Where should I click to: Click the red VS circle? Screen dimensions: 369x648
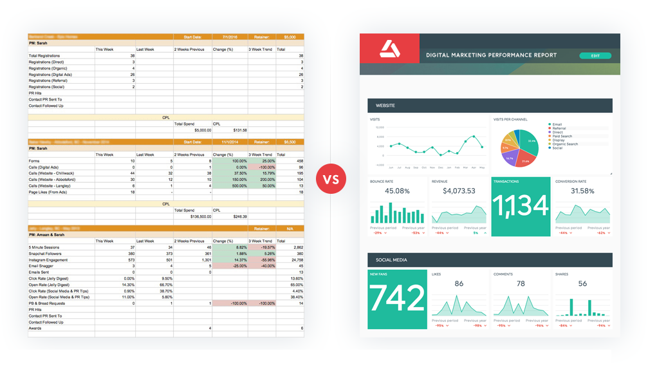pos(331,178)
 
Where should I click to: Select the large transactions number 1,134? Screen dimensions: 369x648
pos(521,206)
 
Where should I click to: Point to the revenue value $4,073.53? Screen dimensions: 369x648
pos(459,191)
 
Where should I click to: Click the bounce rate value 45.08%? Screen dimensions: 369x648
pos(397,191)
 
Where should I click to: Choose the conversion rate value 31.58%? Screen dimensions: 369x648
pos(582,191)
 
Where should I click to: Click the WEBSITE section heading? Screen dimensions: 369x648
pos(385,106)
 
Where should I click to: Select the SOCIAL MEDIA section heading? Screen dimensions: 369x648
pos(391,260)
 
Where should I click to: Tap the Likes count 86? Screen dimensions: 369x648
pos(459,283)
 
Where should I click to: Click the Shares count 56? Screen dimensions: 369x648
pos(582,283)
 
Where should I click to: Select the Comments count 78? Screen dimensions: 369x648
pos(521,283)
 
